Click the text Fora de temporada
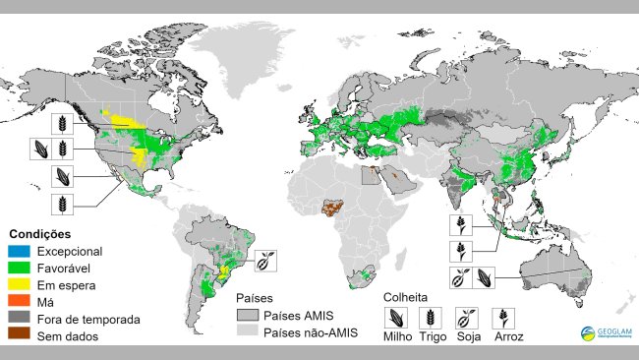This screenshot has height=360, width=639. coord(85,320)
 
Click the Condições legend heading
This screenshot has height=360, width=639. coord(40,234)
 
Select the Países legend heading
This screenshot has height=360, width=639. coord(255,297)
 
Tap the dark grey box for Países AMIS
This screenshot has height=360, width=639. coord(249,316)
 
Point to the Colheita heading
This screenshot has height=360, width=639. coord(403,295)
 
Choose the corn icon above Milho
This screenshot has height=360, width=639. coord(396,317)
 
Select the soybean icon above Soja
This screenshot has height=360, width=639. coord(468,317)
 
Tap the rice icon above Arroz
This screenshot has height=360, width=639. coord(505,317)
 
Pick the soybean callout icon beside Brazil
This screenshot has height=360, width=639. coord(266,260)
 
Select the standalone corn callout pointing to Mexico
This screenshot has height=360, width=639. coord(63,176)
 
